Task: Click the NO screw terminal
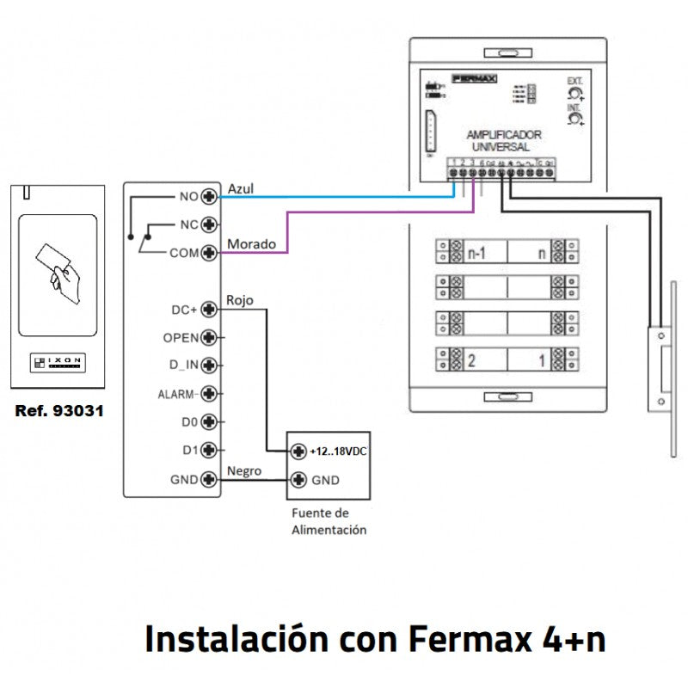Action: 207,196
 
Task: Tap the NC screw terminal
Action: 207,224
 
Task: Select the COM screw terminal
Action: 207,253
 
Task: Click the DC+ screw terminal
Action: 207,309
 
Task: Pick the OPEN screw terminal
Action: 207,337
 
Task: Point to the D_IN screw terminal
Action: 207,365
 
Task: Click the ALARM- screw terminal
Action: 207,394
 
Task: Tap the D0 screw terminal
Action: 207,422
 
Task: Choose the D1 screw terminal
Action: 207,451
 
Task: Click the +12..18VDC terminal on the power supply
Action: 298,451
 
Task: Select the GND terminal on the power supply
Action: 298,480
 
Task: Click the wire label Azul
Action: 240,187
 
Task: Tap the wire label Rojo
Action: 239,300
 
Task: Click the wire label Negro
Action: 243,470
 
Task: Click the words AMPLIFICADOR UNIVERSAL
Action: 503,141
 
